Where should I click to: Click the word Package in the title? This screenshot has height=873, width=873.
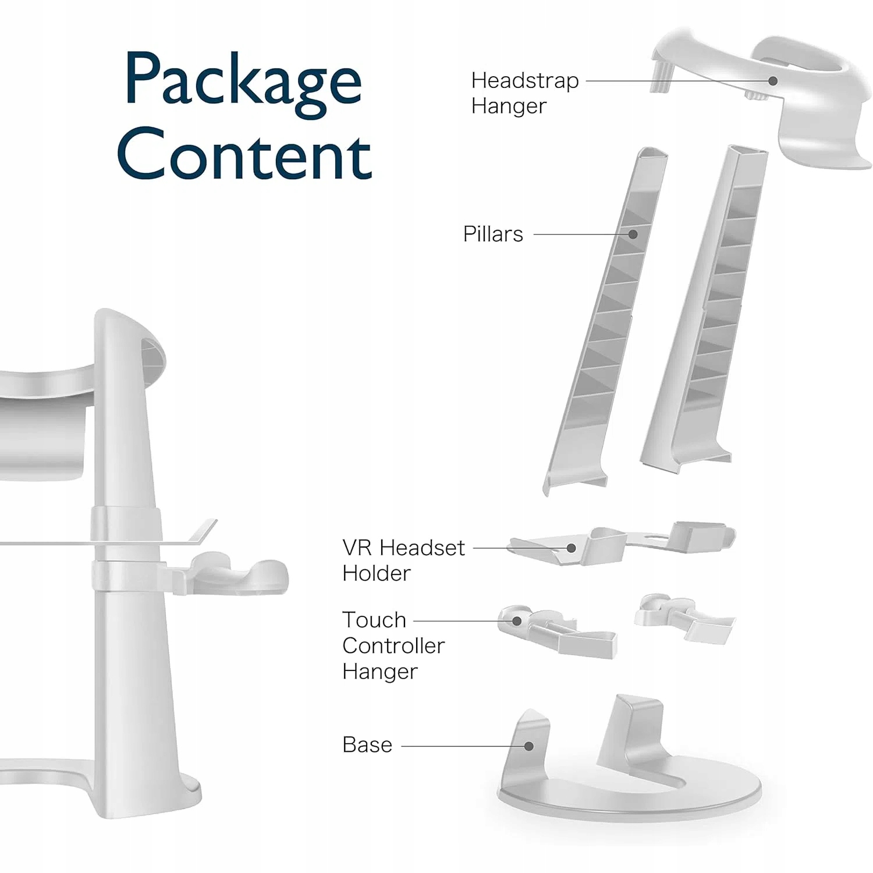click(x=243, y=81)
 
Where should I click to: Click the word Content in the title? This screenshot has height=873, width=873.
click(x=244, y=156)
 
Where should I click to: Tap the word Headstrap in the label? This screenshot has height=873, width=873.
click(x=524, y=81)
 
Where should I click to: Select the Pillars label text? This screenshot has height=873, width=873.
click(x=493, y=234)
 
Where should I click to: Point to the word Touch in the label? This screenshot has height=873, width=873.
click(x=374, y=620)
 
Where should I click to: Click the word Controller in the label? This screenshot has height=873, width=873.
click(x=393, y=645)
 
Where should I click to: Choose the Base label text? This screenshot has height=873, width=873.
click(x=367, y=745)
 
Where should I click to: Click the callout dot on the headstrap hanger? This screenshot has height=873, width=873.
click(x=773, y=81)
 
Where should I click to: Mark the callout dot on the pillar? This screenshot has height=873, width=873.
click(x=633, y=234)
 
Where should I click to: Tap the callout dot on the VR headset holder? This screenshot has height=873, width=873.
click(x=572, y=548)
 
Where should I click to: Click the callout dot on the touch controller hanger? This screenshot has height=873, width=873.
click(x=516, y=621)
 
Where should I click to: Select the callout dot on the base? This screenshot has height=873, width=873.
click(x=528, y=746)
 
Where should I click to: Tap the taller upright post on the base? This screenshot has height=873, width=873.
click(x=631, y=733)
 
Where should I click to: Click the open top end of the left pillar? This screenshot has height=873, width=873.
click(x=652, y=155)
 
